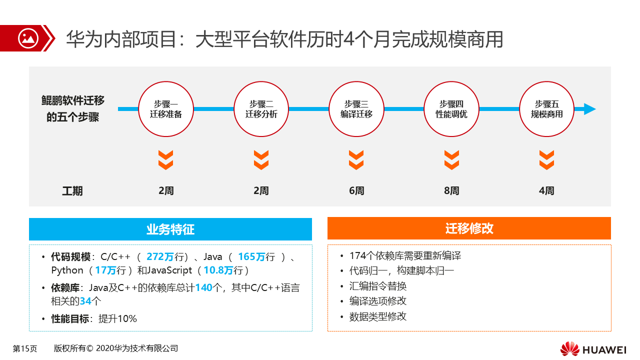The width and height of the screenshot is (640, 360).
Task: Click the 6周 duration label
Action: (x=356, y=190)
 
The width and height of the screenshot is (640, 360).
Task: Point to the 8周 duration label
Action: (x=451, y=190)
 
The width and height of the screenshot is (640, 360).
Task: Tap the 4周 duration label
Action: (x=546, y=190)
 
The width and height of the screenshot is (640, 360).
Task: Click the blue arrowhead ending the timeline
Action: (x=589, y=109)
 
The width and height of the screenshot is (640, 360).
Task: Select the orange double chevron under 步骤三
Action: (x=356, y=159)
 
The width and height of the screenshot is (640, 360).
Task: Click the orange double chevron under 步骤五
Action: (x=546, y=159)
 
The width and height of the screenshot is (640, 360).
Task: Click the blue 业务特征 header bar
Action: (x=170, y=229)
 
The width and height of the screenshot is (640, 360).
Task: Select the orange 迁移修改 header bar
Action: (x=469, y=228)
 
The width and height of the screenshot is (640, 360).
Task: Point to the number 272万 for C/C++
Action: (x=160, y=256)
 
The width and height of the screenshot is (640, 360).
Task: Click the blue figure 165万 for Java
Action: (x=251, y=256)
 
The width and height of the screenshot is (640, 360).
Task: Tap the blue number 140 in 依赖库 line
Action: (x=203, y=287)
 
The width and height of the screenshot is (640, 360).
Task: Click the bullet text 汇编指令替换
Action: (x=377, y=286)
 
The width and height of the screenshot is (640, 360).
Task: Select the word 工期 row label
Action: (x=72, y=191)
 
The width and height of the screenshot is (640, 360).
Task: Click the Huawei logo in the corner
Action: (x=593, y=349)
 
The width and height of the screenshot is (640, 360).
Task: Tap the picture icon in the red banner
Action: (x=28, y=38)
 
